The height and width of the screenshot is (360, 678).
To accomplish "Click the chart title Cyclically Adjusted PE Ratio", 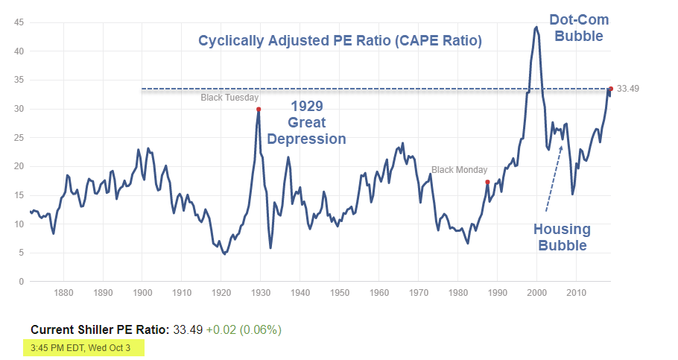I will [340, 41].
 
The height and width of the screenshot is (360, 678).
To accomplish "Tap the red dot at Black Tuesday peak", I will [259, 110].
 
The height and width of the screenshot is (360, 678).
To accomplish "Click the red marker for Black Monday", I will [487, 182].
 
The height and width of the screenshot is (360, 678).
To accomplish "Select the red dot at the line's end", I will [610, 89].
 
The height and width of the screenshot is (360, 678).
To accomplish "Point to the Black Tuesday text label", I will [229, 98].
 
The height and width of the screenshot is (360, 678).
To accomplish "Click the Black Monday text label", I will [459, 170].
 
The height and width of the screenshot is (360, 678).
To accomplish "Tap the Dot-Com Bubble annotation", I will [576, 27].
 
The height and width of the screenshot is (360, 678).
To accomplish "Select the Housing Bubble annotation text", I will [562, 237].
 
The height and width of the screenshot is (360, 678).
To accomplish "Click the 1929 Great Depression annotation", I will [306, 122].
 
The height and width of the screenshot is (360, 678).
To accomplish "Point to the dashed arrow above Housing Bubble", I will [554, 178].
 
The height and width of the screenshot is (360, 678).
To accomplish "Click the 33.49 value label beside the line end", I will [628, 89].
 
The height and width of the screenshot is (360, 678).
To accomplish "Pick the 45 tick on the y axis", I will [19, 22].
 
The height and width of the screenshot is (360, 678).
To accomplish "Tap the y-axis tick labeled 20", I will [19, 166].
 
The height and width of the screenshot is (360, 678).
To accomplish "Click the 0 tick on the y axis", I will [22, 282].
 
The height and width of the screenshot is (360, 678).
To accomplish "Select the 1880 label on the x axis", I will [63, 292].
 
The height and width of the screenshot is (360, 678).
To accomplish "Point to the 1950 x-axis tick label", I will [340, 292].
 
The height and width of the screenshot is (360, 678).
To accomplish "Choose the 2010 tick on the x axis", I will [576, 292].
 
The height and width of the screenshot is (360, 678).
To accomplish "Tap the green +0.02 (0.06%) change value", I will [244, 329].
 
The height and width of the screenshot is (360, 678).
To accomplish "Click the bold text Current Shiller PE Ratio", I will [101, 329].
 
